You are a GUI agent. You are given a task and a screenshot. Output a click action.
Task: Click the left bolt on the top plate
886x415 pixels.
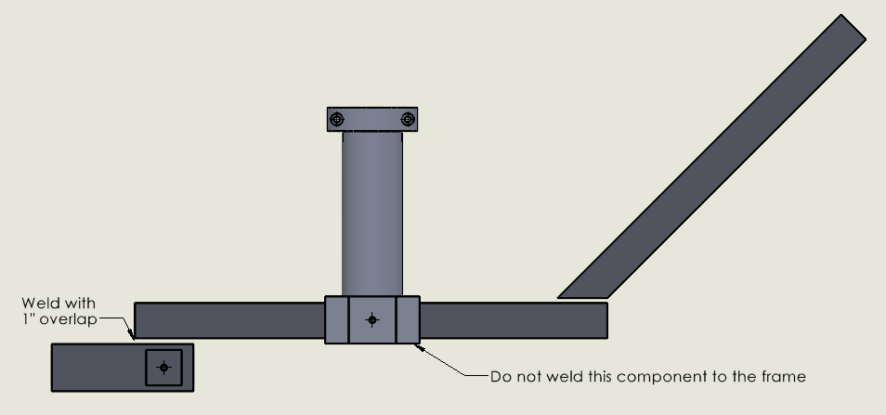tap(337, 119)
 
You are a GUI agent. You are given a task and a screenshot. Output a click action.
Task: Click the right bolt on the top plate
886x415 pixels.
tap(408, 119)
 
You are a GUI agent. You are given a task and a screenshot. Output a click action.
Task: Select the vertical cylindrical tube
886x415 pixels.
tap(372, 214)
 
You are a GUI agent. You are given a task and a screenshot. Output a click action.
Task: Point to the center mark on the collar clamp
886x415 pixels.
tap(371, 320)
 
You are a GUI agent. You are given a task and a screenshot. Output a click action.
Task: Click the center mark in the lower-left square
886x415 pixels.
tap(163, 368)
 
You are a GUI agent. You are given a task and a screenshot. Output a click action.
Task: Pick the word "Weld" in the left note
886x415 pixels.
tap(38, 304)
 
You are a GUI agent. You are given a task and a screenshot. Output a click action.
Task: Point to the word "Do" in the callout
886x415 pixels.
tap(499, 376)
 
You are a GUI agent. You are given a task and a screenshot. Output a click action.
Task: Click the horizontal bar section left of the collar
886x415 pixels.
tap(229, 320)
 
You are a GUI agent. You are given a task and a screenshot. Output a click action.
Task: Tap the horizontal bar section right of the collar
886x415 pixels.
tap(514, 320)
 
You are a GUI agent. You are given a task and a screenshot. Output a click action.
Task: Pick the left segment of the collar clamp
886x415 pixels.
tap(337, 319)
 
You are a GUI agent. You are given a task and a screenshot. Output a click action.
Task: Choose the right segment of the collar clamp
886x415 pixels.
tap(408, 319)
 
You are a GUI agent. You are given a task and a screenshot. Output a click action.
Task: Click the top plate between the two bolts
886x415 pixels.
tap(372, 119)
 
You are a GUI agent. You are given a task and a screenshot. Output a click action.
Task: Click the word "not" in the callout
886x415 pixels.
tap(521, 376)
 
